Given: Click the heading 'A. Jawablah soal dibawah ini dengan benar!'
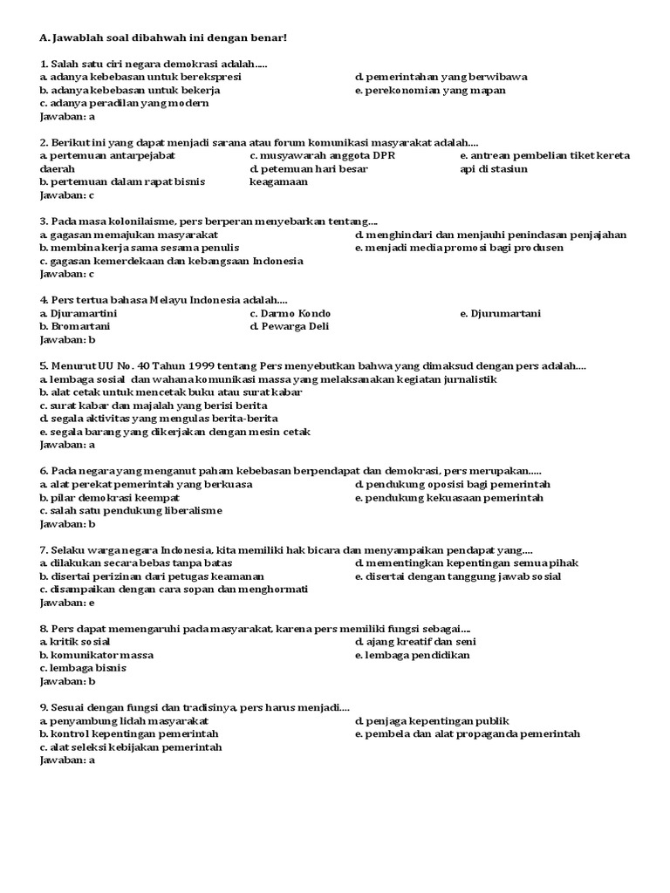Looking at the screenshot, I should click(163, 38).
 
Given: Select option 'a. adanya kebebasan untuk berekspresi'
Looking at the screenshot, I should click(140, 77).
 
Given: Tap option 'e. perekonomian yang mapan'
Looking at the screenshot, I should click(430, 90).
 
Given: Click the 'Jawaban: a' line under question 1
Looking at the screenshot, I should click(67, 116).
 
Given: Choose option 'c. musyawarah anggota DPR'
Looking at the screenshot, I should click(322, 155).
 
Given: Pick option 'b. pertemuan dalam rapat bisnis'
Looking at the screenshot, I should click(118, 181).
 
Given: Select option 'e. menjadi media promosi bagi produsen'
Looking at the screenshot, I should click(459, 248).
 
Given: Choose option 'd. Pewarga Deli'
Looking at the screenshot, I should click(290, 326).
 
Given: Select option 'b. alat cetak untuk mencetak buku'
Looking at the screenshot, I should click(171, 392).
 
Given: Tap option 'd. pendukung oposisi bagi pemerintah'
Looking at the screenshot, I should click(453, 484).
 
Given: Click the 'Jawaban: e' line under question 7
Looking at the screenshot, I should click(67, 603).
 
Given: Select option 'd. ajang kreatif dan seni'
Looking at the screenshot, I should click(415, 642).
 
